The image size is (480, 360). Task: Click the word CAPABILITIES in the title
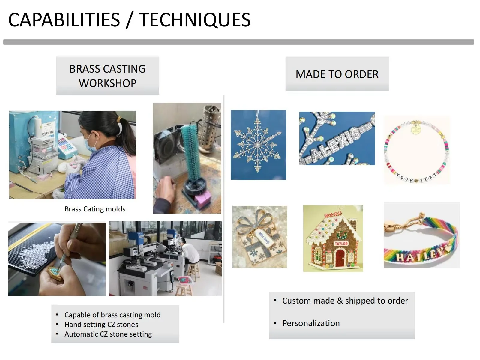coord(64,20)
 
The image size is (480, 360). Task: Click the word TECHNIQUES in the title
coord(195,20)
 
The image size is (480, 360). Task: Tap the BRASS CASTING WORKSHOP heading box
coord(108,76)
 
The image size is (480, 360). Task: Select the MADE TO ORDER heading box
coord(337,74)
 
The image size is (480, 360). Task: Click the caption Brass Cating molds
coord(95,209)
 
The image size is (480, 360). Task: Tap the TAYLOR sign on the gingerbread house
coord(341,244)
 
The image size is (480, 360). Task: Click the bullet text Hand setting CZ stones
coord(101,325)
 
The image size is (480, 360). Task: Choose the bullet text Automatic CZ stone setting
coord(108,334)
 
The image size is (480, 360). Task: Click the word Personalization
coord(311,323)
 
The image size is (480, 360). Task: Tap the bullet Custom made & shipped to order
coord(345,301)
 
